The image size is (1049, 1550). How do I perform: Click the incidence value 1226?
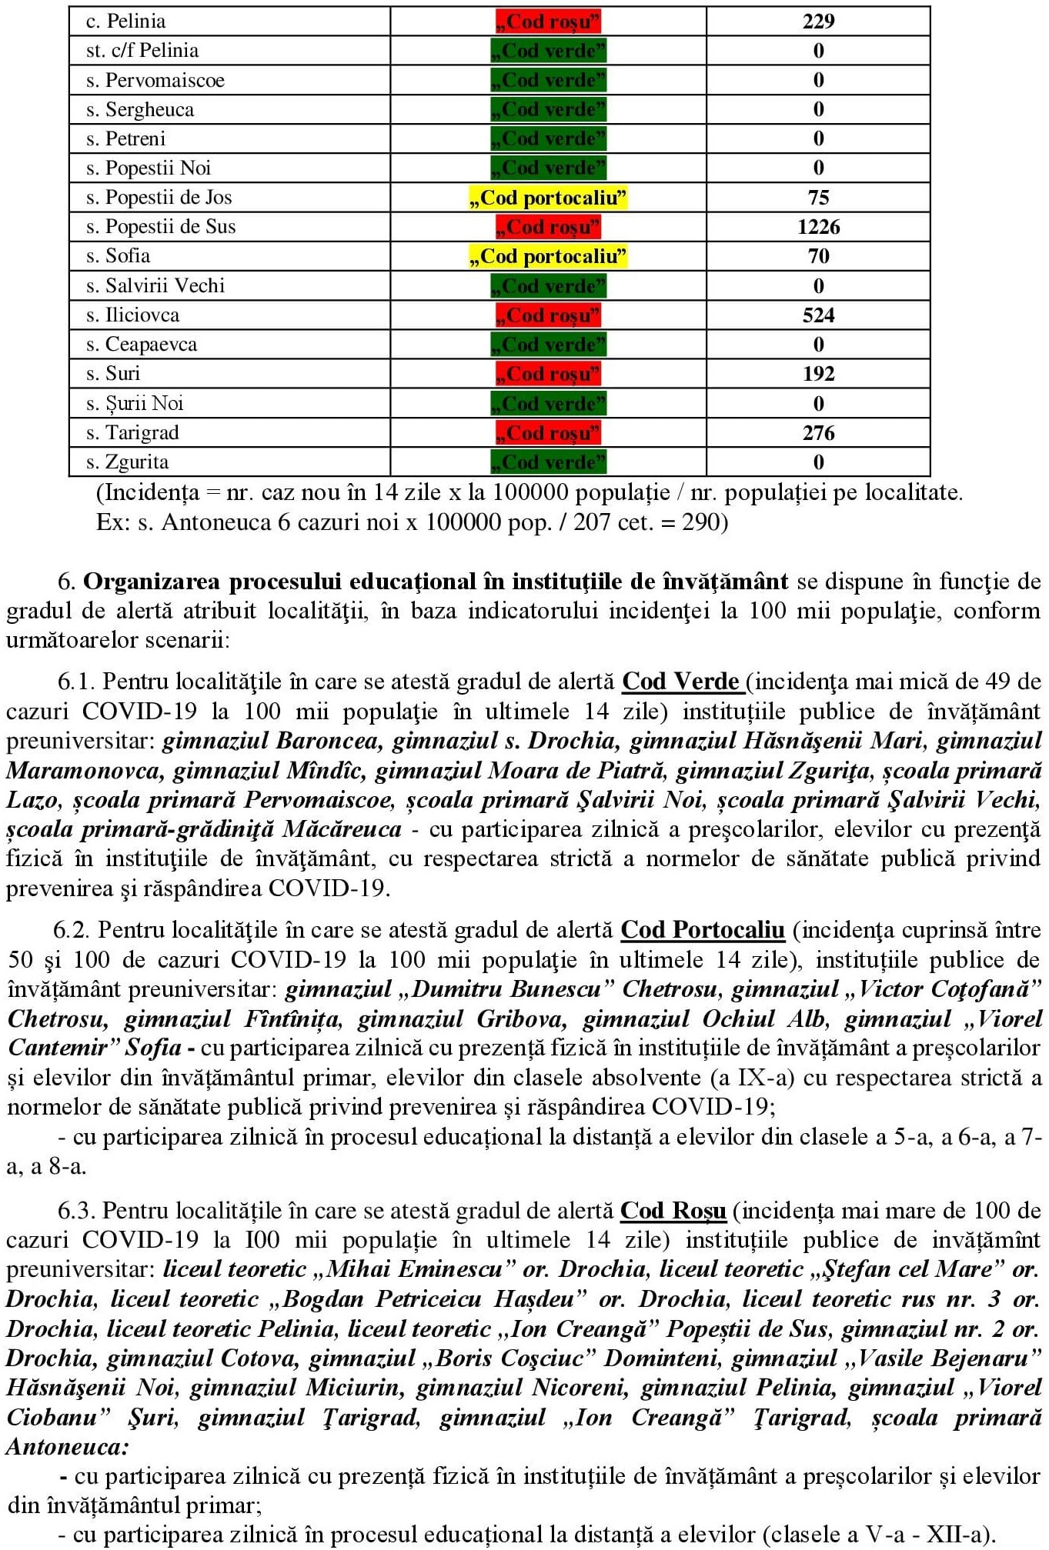pos(818,227)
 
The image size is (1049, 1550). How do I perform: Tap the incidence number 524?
pos(818,315)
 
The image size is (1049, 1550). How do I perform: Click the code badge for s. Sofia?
pos(548,256)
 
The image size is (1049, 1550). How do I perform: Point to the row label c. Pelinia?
pos(125,22)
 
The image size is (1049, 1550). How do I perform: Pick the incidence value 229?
pos(818,22)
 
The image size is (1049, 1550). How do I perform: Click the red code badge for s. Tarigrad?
pos(548,433)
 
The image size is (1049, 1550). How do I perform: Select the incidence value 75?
pos(818,198)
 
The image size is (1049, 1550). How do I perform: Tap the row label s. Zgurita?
pos(127,462)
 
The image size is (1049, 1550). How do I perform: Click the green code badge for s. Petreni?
pos(548,139)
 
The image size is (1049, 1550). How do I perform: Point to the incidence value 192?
pos(818,374)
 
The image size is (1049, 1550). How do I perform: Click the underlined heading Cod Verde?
pos(681,682)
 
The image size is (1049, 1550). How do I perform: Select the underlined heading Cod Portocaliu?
pos(703,930)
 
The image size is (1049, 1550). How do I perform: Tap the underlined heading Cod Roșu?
pos(673,1211)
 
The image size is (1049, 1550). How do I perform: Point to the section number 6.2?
pos(72,930)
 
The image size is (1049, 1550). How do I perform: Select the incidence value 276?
pos(818,433)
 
